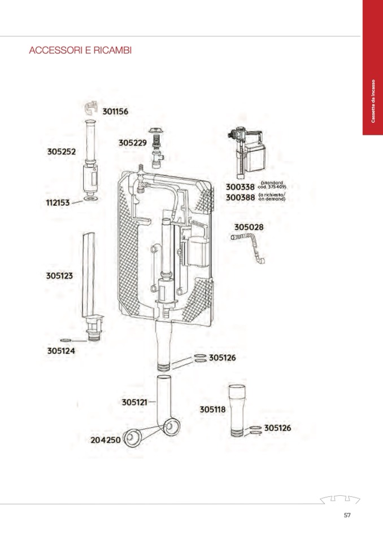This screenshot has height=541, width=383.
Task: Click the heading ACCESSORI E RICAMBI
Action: [80, 51]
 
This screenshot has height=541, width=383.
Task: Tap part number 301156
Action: [115, 112]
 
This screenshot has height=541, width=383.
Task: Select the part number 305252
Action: [61, 152]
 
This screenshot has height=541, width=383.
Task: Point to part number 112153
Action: [58, 202]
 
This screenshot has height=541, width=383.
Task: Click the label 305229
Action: [132, 143]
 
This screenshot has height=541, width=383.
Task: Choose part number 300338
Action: [240, 187]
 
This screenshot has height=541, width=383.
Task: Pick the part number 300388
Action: [240, 197]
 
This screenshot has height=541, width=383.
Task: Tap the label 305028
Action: [249, 227]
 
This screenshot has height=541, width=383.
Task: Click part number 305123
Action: [60, 276]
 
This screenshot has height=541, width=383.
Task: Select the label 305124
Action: [61, 350]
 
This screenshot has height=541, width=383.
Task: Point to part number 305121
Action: [134, 402]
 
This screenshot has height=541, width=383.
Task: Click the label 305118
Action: [212, 410]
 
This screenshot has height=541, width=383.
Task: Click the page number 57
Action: [347, 515]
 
